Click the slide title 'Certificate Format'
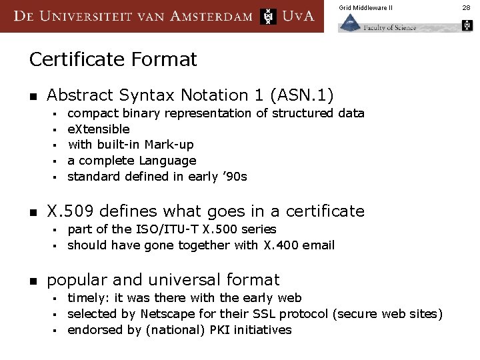(113, 60)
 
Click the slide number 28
(466, 7)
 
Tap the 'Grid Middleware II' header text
(365, 7)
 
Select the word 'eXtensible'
(99, 129)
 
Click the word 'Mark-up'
(170, 145)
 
